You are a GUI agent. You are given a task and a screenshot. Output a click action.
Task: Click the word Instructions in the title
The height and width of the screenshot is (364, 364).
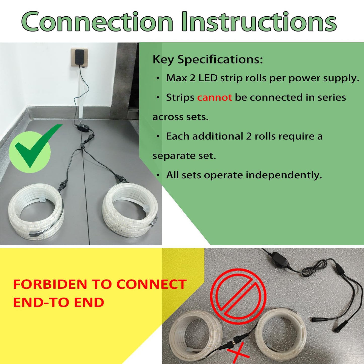coord(259,22)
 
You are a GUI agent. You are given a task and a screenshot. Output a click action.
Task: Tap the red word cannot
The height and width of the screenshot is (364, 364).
coord(214,97)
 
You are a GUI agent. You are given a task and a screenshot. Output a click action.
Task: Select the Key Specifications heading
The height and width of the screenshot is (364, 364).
coord(208,60)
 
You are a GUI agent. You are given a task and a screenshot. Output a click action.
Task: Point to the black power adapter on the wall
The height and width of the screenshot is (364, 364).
coord(80,57)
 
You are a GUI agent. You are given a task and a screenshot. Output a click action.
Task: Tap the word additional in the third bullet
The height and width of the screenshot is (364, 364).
coord(217,136)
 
